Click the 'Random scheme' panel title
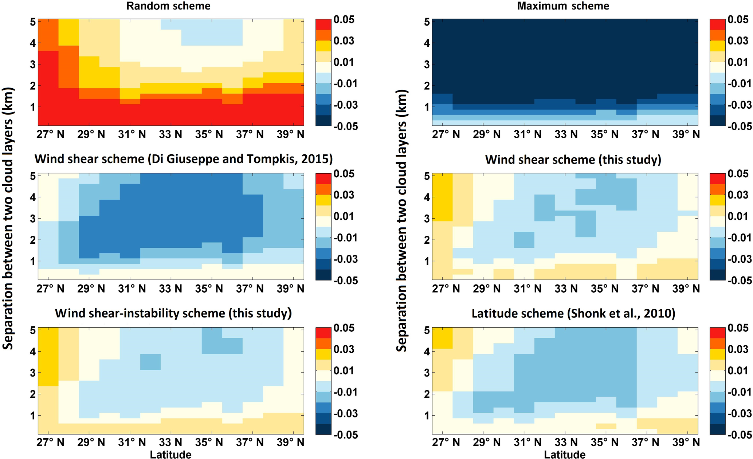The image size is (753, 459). coord(168,6)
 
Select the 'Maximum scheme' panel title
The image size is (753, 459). coord(563,6)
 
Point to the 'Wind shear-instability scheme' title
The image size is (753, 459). coord(173,313)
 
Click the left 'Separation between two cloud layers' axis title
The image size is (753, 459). coord(8,218)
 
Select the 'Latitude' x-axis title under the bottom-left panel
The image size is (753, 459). coord(170,454)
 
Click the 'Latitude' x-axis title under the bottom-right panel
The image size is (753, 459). coord(565,454)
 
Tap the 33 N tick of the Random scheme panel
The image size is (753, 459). coord(170,135)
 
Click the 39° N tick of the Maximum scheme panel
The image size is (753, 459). coord(686,135)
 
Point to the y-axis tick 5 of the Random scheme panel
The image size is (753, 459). coord(33,22)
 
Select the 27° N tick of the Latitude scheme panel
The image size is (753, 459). coord(446,443)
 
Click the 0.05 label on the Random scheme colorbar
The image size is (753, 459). coord(344,20)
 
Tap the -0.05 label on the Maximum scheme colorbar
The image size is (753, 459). coord(739,127)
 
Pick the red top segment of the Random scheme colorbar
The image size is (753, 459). coord(323,24)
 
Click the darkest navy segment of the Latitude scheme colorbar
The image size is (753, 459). coord(718,429)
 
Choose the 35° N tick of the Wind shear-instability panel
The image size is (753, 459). coord(209,443)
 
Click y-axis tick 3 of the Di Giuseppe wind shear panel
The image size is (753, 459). coord(33,219)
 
